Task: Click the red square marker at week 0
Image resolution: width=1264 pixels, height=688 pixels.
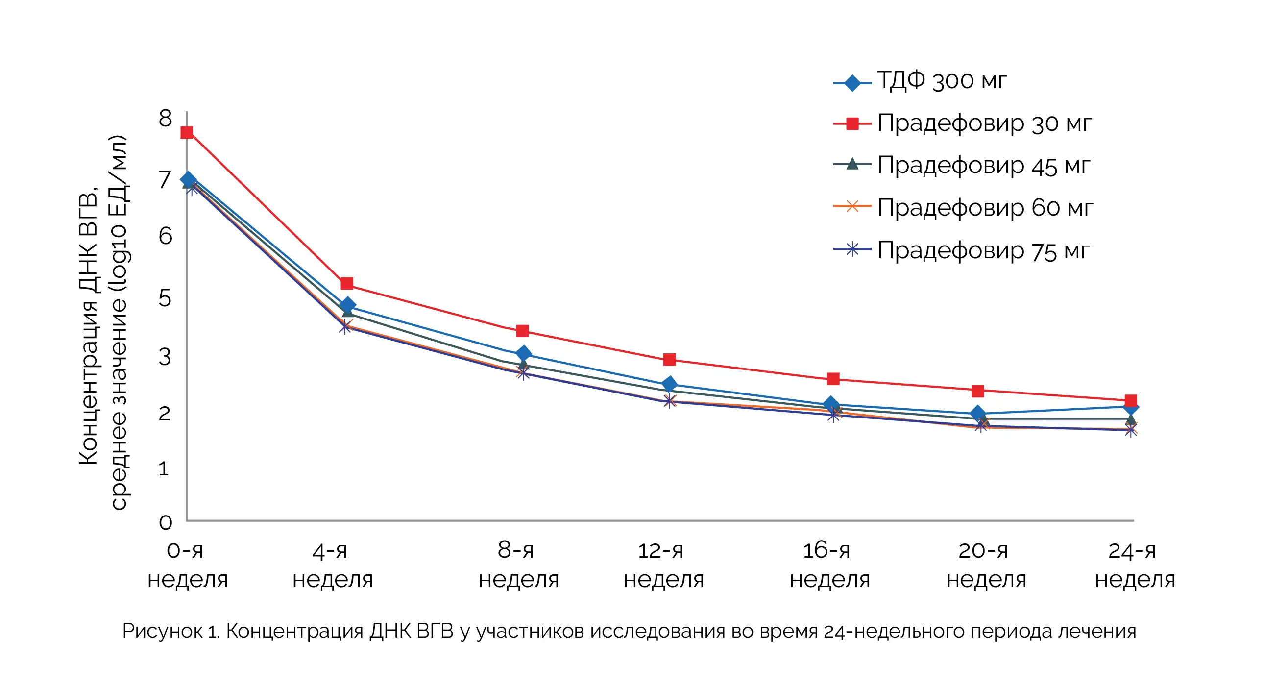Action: (187, 132)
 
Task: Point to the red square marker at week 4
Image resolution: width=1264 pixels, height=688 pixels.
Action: (347, 284)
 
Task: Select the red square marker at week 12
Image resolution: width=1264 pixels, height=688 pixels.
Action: (669, 360)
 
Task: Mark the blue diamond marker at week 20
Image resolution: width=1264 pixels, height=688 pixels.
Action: (977, 413)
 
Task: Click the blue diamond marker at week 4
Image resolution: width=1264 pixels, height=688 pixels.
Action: (347, 305)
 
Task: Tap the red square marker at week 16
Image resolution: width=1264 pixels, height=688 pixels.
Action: (833, 379)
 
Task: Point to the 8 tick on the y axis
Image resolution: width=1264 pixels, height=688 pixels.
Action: (166, 119)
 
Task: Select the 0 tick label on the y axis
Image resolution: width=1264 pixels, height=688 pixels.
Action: (166, 523)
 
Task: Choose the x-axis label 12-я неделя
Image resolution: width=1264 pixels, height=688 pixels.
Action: (663, 565)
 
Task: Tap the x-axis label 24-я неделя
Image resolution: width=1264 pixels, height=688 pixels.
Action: (1135, 565)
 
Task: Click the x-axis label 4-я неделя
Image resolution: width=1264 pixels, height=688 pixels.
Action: (333, 565)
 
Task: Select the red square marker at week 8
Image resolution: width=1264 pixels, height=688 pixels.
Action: (523, 331)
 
